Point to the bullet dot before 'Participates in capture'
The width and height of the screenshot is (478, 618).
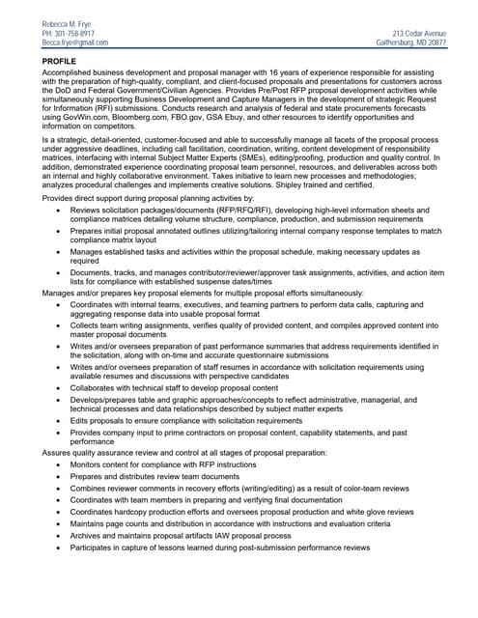(62, 548)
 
